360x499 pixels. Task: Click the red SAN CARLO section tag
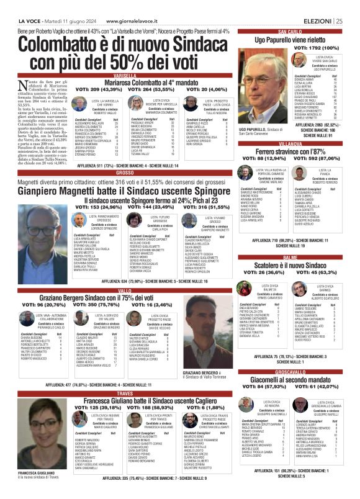click(x=290, y=31)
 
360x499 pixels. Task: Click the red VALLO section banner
click(x=125, y=290)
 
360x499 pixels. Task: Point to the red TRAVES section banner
click(x=125, y=393)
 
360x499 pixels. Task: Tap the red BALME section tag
click(x=290, y=256)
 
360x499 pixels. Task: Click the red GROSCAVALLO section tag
click(x=290, y=371)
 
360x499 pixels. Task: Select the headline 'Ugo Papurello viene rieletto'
click(x=290, y=39)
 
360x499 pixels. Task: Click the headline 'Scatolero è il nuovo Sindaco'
click(x=290, y=264)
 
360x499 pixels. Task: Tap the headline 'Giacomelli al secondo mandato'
click(x=290, y=379)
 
